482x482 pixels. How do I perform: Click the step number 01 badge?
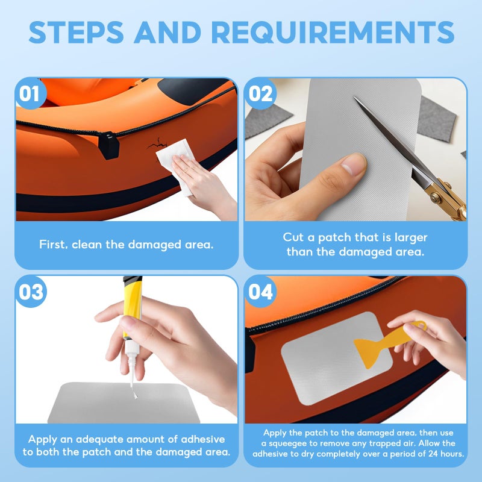pyautogui.click(x=30, y=93)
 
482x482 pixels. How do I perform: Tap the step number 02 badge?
pyautogui.click(x=260, y=93)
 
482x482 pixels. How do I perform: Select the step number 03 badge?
pyautogui.click(x=31, y=292)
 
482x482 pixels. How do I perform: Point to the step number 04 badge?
pyautogui.click(x=260, y=292)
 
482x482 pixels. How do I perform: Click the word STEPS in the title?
pyautogui.click(x=77, y=33)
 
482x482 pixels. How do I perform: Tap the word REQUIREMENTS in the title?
pyautogui.click(x=333, y=33)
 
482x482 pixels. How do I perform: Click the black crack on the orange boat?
pyautogui.click(x=157, y=143)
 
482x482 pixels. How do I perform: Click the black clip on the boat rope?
pyautogui.click(x=108, y=145)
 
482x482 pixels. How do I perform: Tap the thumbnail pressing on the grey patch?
pyautogui.click(x=353, y=165)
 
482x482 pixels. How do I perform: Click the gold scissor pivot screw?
pyautogui.click(x=434, y=198)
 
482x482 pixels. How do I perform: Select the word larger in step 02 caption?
pyautogui.click(x=411, y=237)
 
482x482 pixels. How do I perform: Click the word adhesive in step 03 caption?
pyautogui.click(x=203, y=439)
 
